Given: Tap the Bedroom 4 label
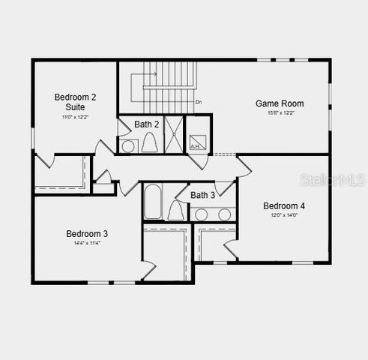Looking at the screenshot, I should click(283, 205).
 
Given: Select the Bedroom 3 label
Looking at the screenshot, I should click(87, 233).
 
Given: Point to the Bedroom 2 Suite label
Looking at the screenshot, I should click(75, 102).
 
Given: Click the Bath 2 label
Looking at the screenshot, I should click(147, 124).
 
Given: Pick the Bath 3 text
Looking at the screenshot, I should click(202, 195).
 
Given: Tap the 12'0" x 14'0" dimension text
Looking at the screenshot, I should click(284, 215).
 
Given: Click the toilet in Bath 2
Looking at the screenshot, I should click(149, 142).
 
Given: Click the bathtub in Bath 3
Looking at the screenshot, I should click(153, 201).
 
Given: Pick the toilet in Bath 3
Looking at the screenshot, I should click(177, 211).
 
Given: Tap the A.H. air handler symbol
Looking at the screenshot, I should click(196, 145).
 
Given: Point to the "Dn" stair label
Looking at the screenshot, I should click(199, 101).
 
